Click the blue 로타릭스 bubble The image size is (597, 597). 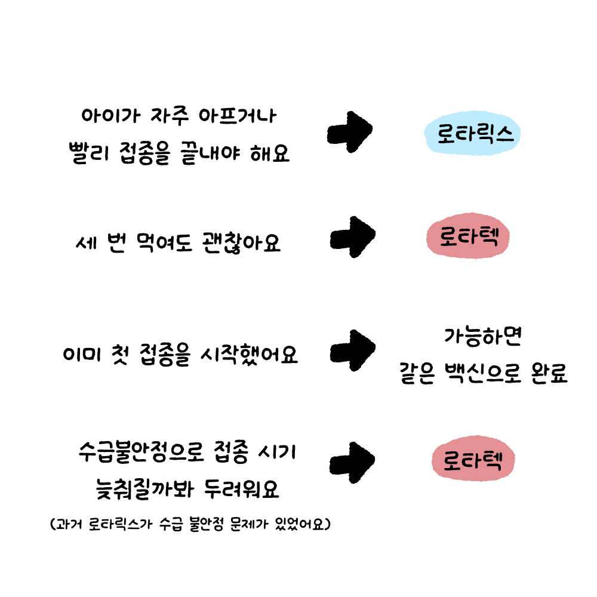pyautogui.click(x=472, y=133)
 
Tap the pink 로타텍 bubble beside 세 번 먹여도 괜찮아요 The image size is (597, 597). pyautogui.click(x=468, y=236)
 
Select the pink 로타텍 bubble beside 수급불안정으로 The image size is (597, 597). pyautogui.click(x=473, y=458)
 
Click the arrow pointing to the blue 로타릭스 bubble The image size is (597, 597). pyautogui.click(x=349, y=132)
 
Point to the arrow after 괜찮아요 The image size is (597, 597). pyautogui.click(x=353, y=237)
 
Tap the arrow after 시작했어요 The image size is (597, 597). pyautogui.click(x=353, y=350)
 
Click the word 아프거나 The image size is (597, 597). pyautogui.click(x=237, y=116)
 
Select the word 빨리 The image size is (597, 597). pyautogui.click(x=89, y=153)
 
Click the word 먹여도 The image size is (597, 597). pyautogui.click(x=164, y=242)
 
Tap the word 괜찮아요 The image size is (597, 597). pyautogui.click(x=241, y=242)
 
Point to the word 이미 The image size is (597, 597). pyautogui.click(x=82, y=354)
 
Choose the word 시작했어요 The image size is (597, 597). pyautogui.click(x=249, y=354)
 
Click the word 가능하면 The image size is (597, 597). pyautogui.click(x=482, y=337)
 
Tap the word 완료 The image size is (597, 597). pyautogui.click(x=549, y=373)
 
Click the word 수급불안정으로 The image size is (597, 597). pyautogui.click(x=141, y=453)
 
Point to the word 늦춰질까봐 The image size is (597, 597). pyautogui.click(x=144, y=489)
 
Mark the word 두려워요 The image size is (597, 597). pyautogui.click(x=241, y=489)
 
